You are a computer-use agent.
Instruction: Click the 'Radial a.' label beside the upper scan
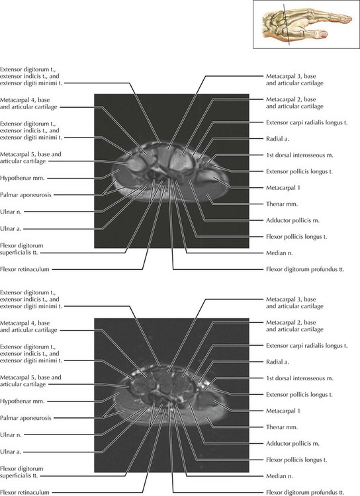[277, 139]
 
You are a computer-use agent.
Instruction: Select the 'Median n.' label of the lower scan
[279, 475]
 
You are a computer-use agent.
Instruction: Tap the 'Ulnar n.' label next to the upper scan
[11, 212]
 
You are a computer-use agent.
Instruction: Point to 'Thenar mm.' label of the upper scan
[282, 204]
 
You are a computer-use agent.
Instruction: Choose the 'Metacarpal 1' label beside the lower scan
[283, 411]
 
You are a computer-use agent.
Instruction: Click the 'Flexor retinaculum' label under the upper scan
[24, 269]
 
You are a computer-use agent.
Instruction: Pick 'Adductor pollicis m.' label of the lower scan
[292, 443]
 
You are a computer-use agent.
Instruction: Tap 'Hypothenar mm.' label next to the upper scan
[22, 178]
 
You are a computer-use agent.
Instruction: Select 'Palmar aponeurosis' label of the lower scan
[26, 417]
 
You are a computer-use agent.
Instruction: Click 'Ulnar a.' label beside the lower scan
[11, 452]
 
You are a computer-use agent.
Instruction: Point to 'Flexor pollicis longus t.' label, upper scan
[296, 236]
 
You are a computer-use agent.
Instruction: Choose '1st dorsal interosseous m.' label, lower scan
[300, 378]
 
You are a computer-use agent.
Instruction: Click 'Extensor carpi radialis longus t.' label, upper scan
[306, 122]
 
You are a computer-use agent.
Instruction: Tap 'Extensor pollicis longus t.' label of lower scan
[299, 394]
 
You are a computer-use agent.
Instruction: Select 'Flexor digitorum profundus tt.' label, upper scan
[305, 269]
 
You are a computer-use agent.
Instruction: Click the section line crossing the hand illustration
[287, 24]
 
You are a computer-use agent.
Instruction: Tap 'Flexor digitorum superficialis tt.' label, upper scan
[22, 249]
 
